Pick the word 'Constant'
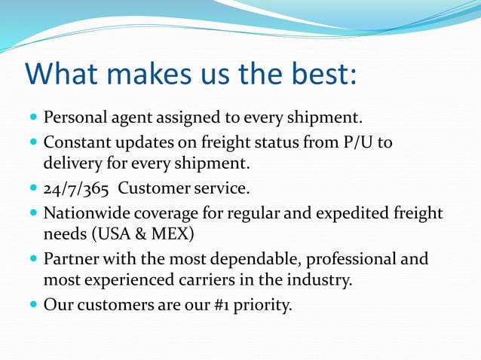point(77,142)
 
